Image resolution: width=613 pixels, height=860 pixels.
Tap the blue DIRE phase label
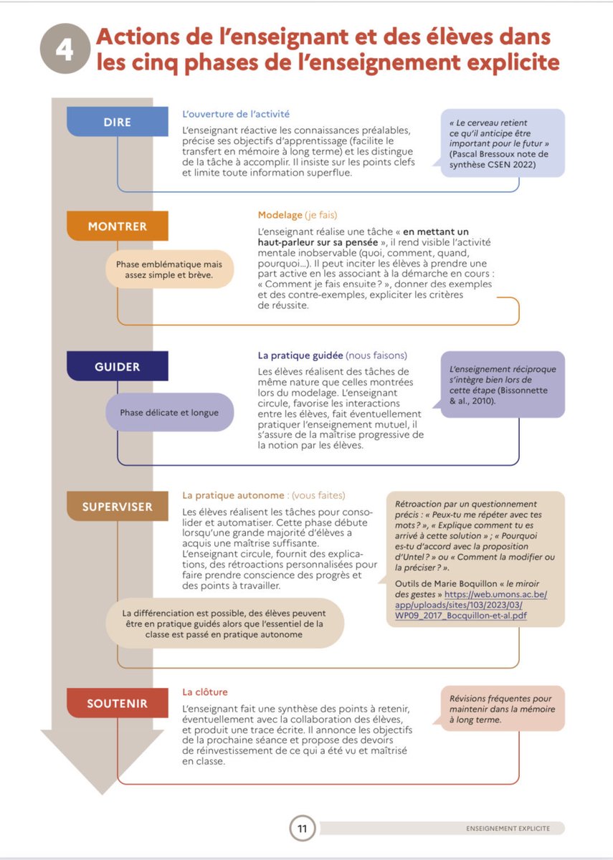[x=117, y=122]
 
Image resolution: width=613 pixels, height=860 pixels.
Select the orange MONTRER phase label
[x=117, y=226]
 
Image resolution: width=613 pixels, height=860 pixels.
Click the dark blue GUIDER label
[x=117, y=367]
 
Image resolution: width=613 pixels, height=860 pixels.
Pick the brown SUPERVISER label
[x=117, y=507]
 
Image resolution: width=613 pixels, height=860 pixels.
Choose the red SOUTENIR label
[x=117, y=703]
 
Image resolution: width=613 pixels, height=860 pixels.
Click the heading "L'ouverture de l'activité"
[x=236, y=114]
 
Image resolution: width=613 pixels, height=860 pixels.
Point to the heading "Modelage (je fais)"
[x=298, y=214]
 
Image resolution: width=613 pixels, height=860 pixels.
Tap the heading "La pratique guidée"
[x=300, y=355]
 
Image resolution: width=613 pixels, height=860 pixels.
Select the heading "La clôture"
[x=205, y=692]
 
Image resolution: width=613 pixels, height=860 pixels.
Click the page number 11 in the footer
[x=302, y=829]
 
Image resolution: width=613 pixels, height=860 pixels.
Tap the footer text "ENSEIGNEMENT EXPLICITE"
[x=508, y=828]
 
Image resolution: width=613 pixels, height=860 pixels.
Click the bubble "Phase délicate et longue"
[x=169, y=412]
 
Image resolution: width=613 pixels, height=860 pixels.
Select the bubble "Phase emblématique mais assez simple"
[x=169, y=269]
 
